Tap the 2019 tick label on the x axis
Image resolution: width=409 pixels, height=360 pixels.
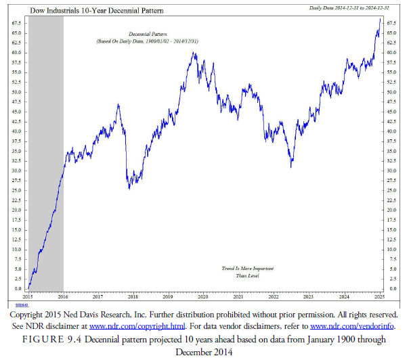[168, 296]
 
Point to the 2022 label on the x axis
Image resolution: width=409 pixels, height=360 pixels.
[273, 296]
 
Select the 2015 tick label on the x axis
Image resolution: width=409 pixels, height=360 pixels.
[28, 296]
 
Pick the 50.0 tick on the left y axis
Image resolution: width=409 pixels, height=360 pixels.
[16, 92]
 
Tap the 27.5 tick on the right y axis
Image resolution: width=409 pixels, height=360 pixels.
[391, 181]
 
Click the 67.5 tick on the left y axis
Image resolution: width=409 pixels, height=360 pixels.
[16, 23]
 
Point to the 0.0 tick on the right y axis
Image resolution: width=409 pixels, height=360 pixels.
[389, 289]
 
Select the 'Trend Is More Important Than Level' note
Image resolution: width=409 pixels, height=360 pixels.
[242, 271]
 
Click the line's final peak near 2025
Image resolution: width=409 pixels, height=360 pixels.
[379, 19]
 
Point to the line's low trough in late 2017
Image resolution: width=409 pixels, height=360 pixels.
[129, 188]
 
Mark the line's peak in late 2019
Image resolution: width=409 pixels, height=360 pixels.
[194, 53]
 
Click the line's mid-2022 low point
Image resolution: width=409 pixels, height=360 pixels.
[291, 166]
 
